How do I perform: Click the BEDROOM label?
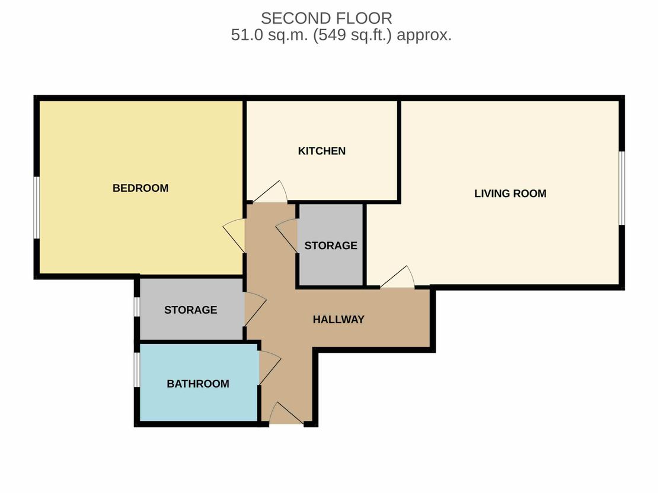pyautogui.click(x=140, y=188)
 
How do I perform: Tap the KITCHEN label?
pyautogui.click(x=322, y=151)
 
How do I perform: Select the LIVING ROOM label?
pyautogui.click(x=510, y=194)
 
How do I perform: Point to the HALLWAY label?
pyautogui.click(x=338, y=320)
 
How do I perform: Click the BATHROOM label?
pyautogui.click(x=198, y=384)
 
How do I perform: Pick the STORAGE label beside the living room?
pyautogui.click(x=331, y=246)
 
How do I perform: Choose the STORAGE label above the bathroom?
pyautogui.click(x=191, y=310)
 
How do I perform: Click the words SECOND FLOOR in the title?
pyautogui.click(x=327, y=18)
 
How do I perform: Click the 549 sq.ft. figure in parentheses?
pyautogui.click(x=353, y=35)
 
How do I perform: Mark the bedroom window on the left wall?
pyautogui.click(x=37, y=208)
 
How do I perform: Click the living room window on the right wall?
pyautogui.click(x=622, y=188)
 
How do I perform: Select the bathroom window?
pyautogui.click(x=137, y=370)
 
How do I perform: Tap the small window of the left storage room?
pyautogui.click(x=137, y=307)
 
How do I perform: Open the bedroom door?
pyautogui.click(x=234, y=236)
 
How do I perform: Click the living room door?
pyautogui.click(x=397, y=278)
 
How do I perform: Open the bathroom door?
pyautogui.click(x=269, y=368)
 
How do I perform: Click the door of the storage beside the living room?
pyautogui.click(x=287, y=236)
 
